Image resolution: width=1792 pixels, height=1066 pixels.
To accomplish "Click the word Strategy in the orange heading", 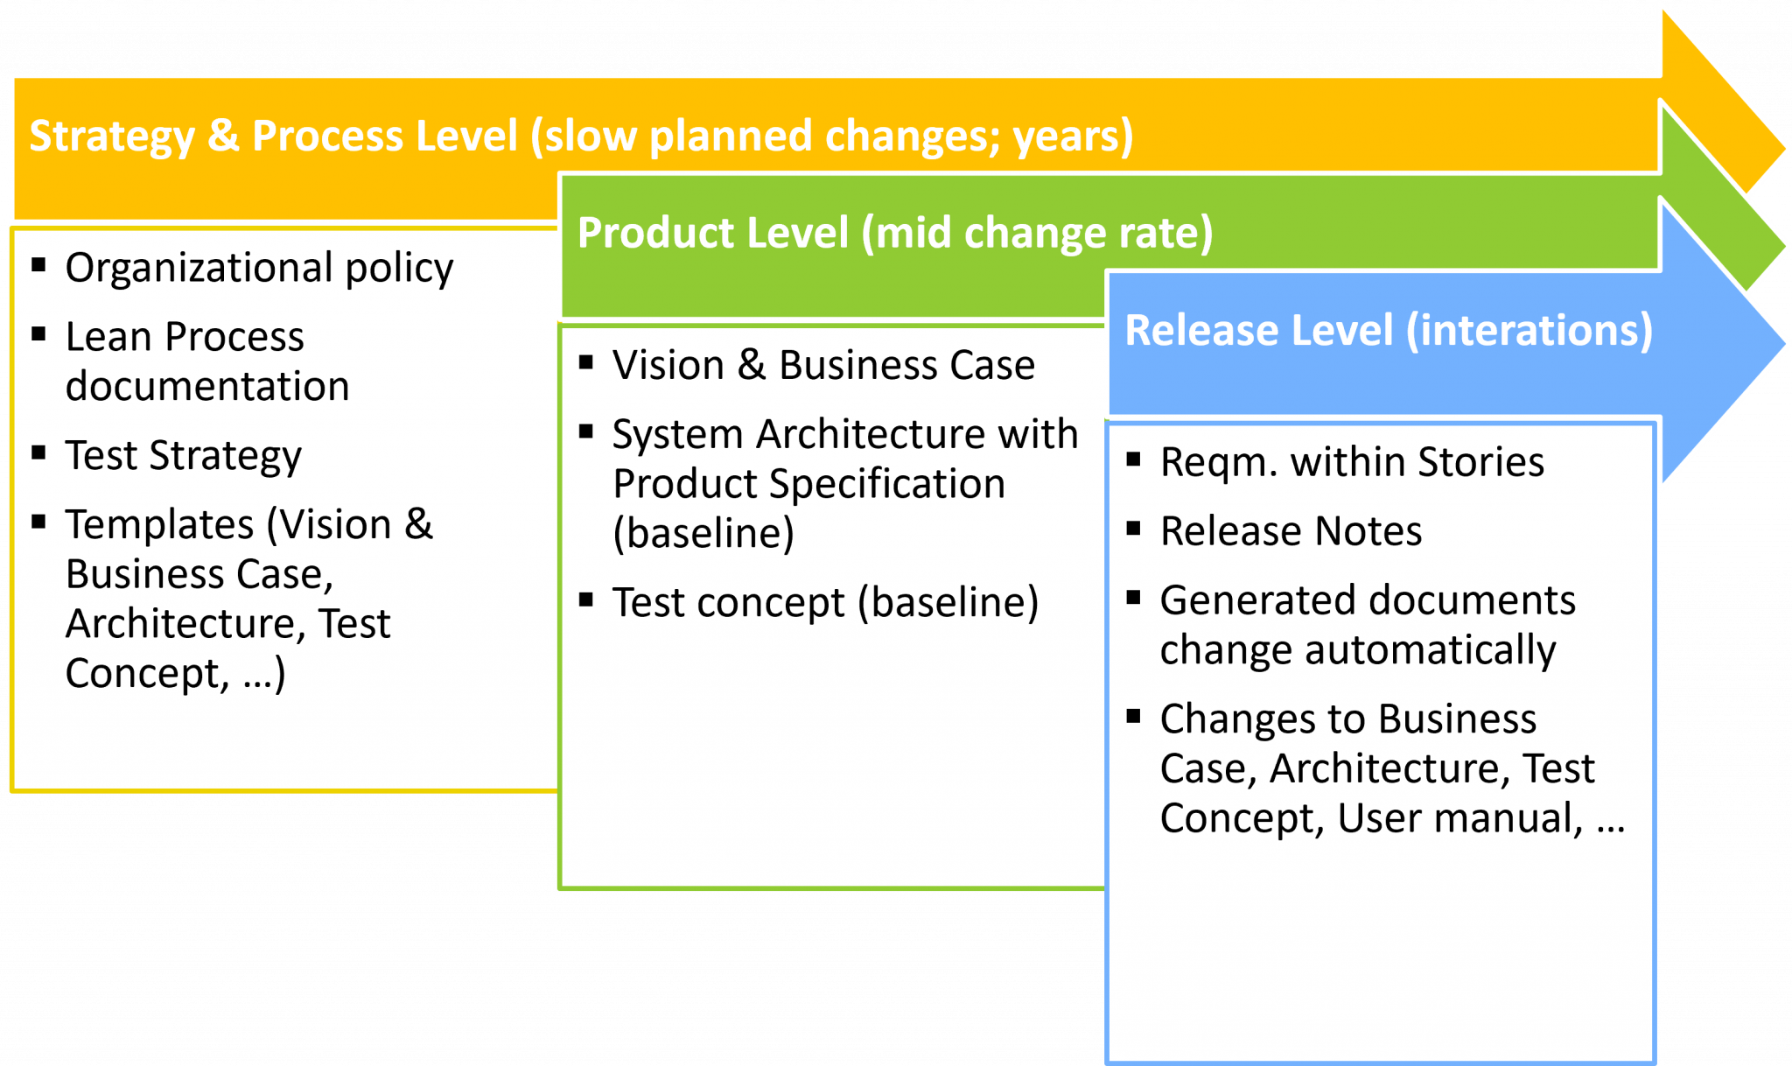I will tap(112, 137).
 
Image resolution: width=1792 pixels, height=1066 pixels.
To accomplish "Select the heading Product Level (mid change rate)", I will tap(894, 234).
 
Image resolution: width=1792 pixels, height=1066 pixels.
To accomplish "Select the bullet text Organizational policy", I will tap(259, 268).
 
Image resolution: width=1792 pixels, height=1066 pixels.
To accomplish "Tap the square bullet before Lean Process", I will tap(38, 333).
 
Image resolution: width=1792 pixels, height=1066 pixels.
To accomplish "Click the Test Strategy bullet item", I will tap(183, 456).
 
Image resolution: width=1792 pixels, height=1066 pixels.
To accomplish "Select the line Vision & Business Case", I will tap(822, 365).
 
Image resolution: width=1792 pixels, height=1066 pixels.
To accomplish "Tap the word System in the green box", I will tap(677, 434).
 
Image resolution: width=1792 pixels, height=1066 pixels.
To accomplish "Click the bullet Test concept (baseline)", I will tap(824, 603).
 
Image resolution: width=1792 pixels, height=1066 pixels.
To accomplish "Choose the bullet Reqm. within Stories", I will tap(1351, 462).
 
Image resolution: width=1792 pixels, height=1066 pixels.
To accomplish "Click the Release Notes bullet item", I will tap(1291, 531).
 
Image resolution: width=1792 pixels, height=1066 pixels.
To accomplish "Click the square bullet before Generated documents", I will tap(1133, 598).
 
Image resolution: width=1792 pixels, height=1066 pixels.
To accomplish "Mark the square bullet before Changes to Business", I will tap(1133, 717).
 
